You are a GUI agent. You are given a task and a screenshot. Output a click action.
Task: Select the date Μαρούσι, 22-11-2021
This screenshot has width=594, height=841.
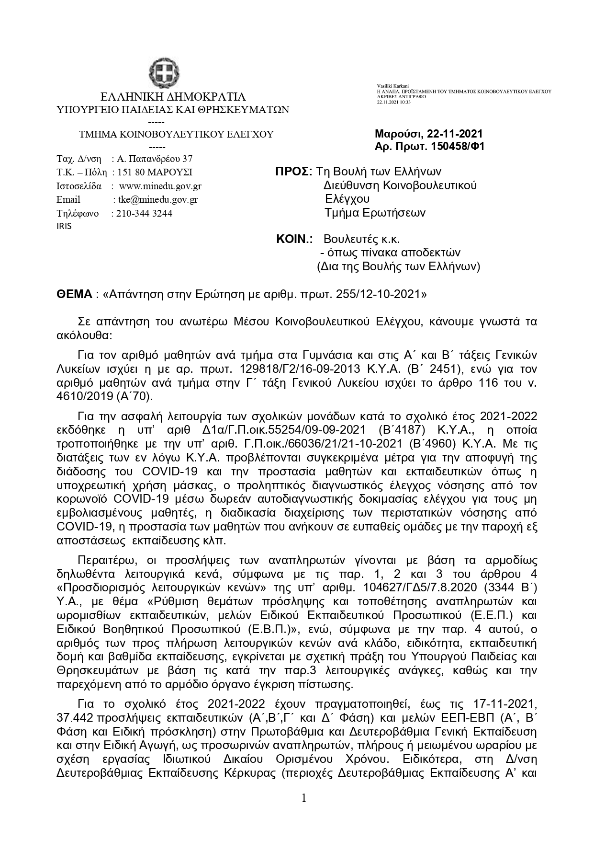429,134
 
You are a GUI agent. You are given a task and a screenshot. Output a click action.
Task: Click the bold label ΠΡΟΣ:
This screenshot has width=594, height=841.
294,172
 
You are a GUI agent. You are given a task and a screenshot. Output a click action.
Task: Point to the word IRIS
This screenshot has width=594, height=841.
64,226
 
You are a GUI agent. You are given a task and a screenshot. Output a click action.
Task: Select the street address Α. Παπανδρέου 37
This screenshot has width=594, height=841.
155,159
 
